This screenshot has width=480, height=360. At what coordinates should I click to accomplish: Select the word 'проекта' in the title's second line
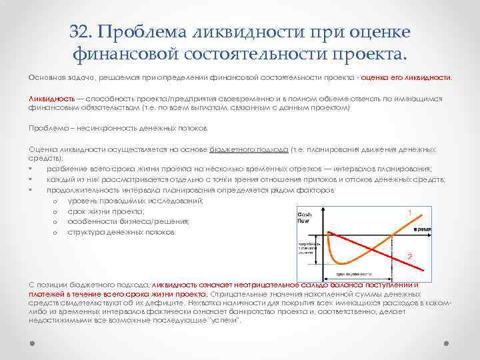(x=368, y=53)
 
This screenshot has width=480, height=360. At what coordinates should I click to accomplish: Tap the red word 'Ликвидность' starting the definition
(x=51, y=98)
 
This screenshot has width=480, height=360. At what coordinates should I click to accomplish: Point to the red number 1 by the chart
(x=409, y=213)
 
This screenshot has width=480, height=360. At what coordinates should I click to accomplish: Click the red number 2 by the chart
(x=409, y=257)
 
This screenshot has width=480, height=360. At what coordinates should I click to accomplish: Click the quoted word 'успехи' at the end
(x=225, y=321)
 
